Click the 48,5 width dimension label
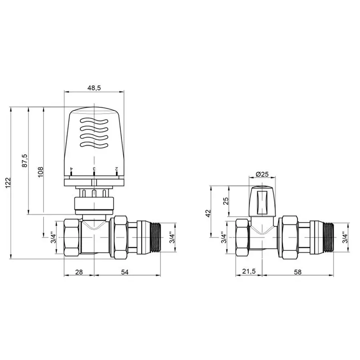pyautogui.click(x=94, y=87)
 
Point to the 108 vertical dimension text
pyautogui.click(x=41, y=171)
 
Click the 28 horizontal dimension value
pyautogui.click(x=79, y=272)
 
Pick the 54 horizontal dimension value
pyautogui.click(x=125, y=272)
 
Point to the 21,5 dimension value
pyautogui.click(x=249, y=272)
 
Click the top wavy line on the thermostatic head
pyautogui.click(x=94, y=120)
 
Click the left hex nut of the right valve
pyautogui.click(x=243, y=238)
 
